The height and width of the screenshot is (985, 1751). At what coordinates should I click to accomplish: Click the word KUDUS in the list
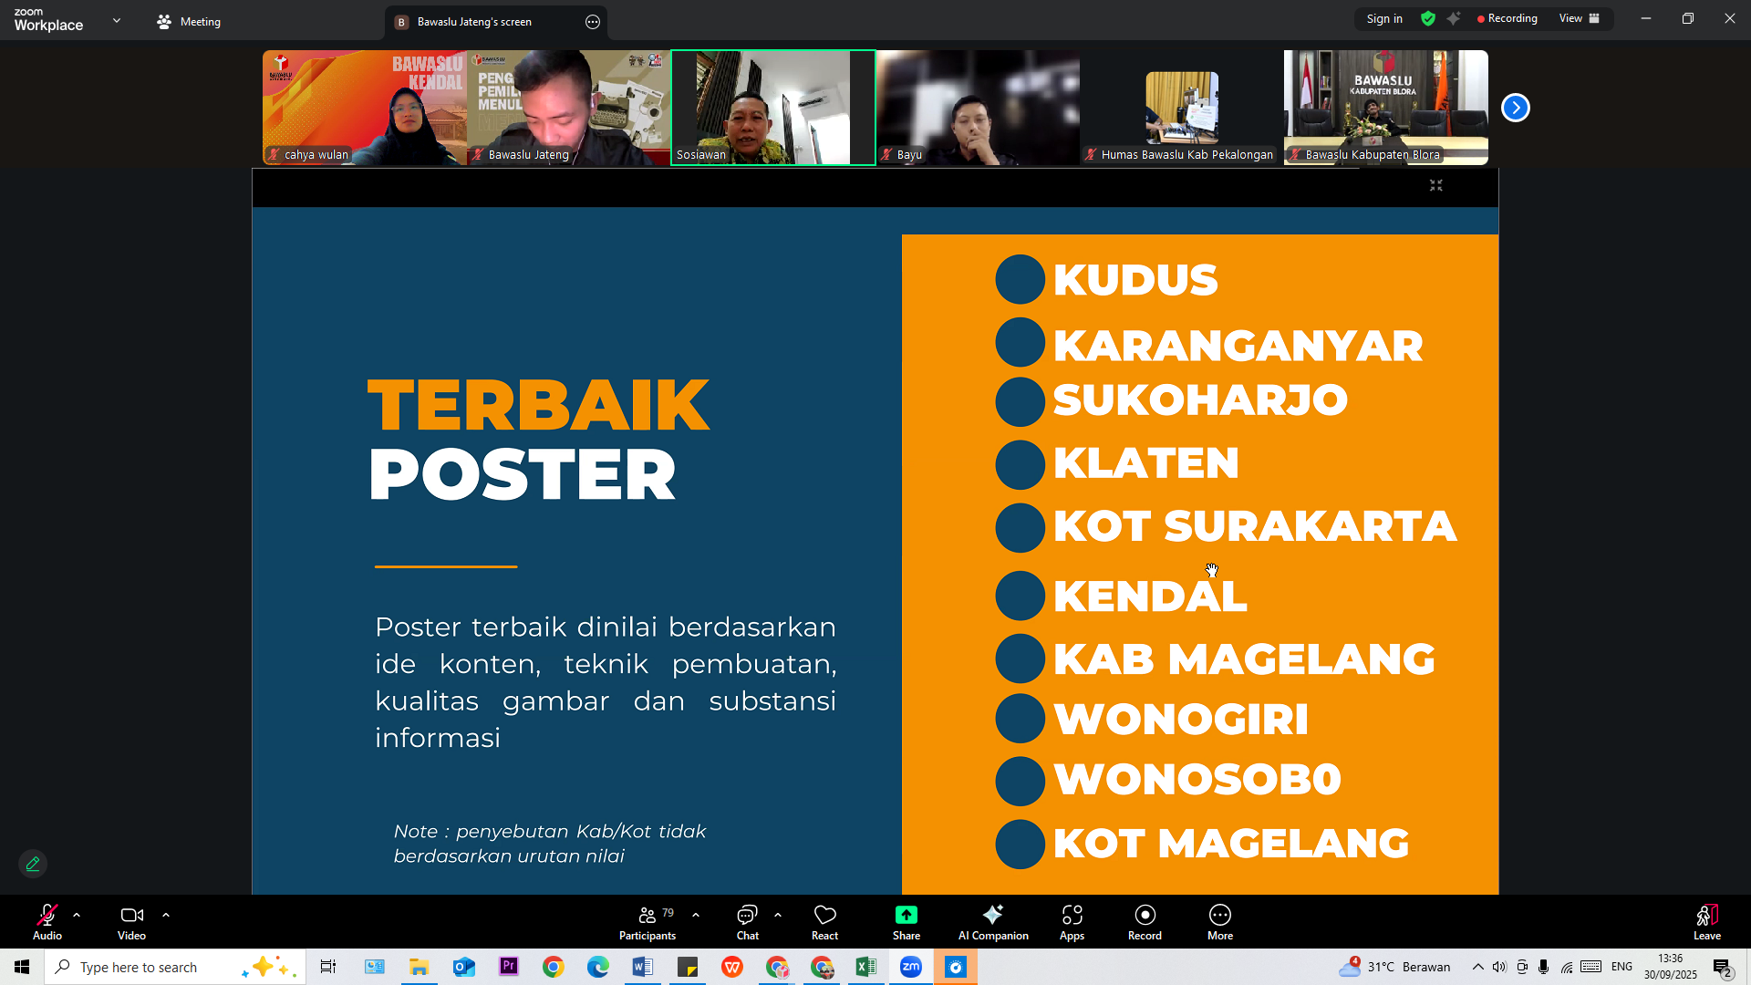tap(1135, 280)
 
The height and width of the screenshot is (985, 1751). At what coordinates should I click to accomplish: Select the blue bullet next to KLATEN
tap(1020, 464)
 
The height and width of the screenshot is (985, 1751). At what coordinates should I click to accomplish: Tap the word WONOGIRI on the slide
tap(1180, 719)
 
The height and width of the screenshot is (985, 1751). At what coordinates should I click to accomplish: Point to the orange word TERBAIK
tap(538, 405)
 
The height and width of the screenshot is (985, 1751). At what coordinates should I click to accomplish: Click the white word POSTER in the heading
tap(522, 475)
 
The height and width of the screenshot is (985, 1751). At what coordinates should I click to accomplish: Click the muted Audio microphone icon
tap(47, 916)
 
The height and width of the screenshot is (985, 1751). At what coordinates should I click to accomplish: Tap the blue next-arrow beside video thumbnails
tap(1515, 108)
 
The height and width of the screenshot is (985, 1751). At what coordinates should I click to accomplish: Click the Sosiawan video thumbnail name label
tap(701, 155)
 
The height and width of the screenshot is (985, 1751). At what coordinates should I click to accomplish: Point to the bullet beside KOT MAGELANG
tap(1020, 844)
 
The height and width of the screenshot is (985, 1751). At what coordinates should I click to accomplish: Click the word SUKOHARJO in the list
tap(1199, 400)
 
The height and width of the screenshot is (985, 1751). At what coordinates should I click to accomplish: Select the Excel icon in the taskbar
tap(865, 967)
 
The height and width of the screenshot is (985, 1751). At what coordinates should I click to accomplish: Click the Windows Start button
tap(22, 967)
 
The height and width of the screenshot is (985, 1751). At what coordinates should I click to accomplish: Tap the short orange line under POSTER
tap(446, 566)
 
